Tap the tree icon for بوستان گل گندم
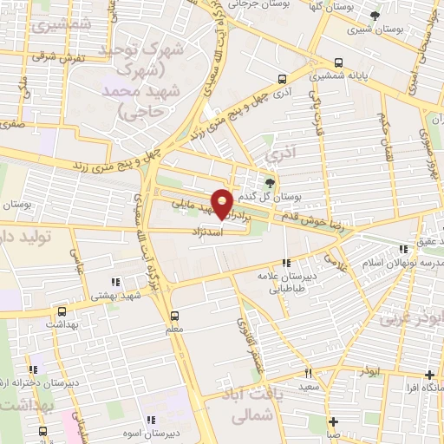tap(269, 182)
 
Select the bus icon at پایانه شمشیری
tap(339, 63)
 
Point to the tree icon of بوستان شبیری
tap(375, 16)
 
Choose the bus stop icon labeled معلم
tap(175, 315)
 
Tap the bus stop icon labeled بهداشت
tap(61, 310)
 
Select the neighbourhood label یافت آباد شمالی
tap(259, 406)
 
